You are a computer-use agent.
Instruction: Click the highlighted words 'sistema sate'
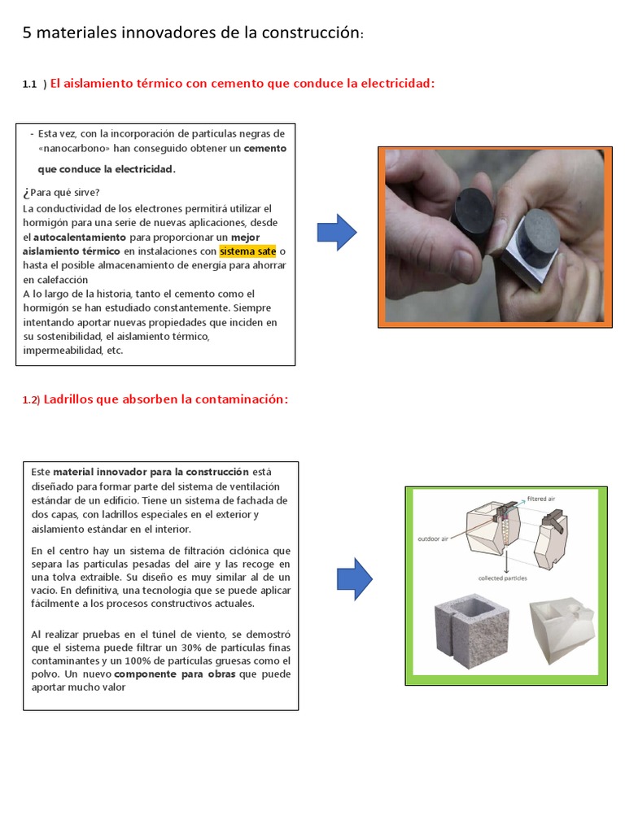[248, 251]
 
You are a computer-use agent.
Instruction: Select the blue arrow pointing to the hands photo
[336, 233]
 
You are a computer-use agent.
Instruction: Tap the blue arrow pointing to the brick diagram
[355, 579]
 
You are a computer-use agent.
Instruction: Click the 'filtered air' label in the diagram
[542, 498]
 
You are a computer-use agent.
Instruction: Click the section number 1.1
[30, 85]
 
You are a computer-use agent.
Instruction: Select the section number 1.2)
[31, 399]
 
